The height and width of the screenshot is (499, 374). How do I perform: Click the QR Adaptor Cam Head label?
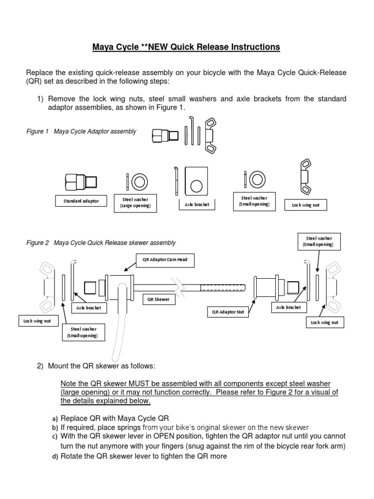[x=165, y=260]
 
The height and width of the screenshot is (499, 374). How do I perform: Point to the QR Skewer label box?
[x=159, y=300]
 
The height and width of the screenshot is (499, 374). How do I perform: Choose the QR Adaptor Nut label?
[x=227, y=312]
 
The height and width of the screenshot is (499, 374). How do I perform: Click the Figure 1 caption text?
[x=81, y=132]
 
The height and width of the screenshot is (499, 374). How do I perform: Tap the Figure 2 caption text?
[x=101, y=243]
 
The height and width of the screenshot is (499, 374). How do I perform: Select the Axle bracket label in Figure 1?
[x=197, y=205]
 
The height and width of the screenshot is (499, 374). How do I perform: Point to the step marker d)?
[x=55, y=457]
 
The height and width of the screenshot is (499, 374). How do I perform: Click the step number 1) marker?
[x=41, y=99]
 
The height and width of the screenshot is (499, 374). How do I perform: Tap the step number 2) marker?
[x=41, y=366]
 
